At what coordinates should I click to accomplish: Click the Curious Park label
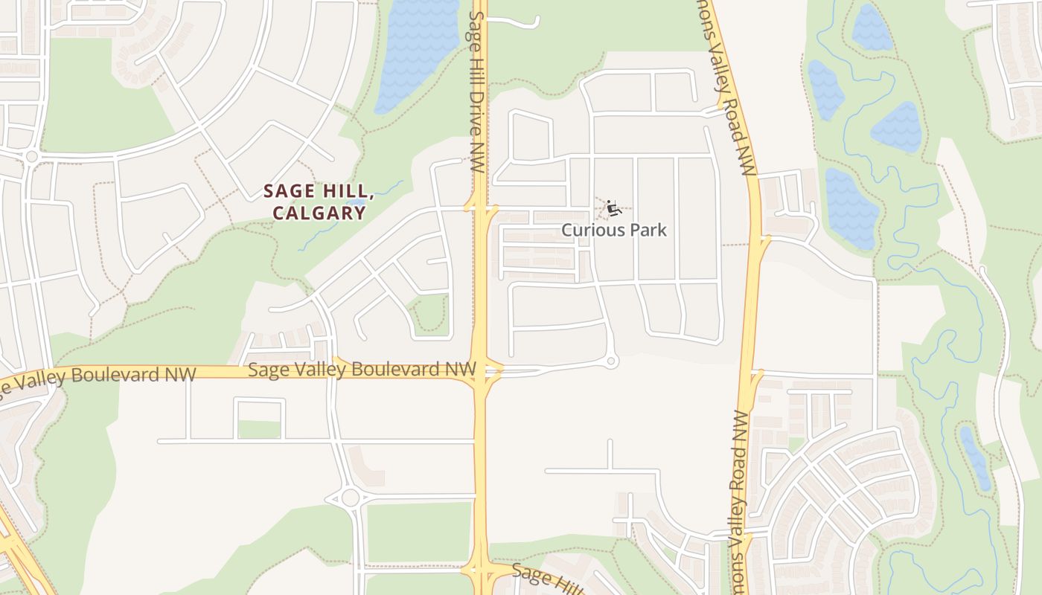pos(614,230)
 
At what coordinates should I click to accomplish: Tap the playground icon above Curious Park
pos(613,208)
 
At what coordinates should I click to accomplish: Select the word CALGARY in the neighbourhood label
pos(319,213)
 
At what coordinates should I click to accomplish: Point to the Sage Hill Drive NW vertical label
pos(477,93)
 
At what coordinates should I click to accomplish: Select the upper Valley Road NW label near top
pos(733,89)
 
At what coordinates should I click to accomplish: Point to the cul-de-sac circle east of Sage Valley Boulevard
pos(612,361)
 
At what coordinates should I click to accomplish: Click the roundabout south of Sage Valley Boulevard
pos(349,498)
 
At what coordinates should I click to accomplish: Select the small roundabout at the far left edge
pos(31,157)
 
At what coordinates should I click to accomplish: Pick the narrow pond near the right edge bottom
pos(976,457)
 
